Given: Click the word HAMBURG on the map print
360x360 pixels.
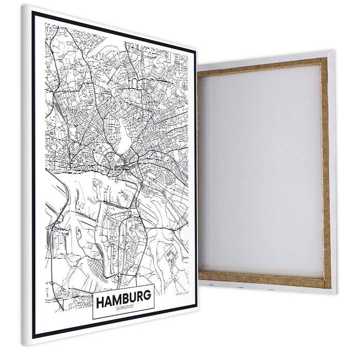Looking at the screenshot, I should pos(123,297).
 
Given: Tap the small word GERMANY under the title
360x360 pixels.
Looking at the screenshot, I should pos(124,307).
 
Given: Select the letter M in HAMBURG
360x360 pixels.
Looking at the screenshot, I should pos(116,298).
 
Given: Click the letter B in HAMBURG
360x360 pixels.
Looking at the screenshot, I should pos(124,297).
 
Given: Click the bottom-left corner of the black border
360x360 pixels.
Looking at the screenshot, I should pos(34,336).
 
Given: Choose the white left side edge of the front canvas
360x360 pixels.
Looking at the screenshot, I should pos(25,175).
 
